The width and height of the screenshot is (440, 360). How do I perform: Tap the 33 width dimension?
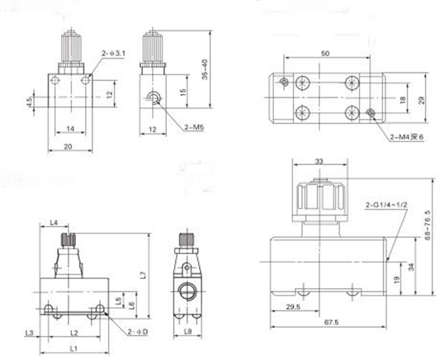tap(317, 162)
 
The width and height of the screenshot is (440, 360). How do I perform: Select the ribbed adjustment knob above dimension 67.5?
tap(316, 199)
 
